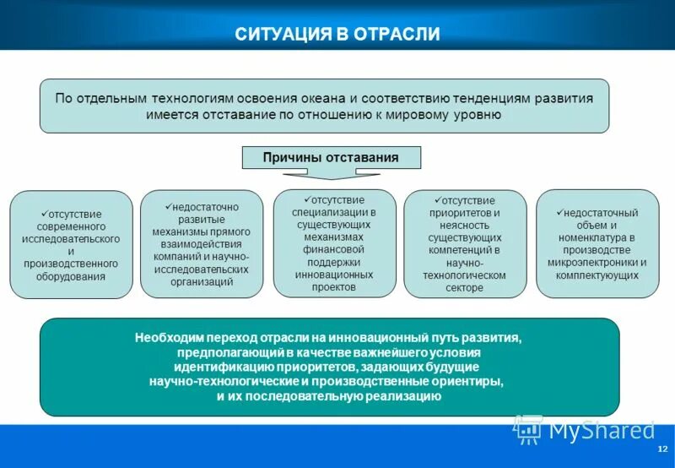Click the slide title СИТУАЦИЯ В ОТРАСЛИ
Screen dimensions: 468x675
click(x=337, y=35)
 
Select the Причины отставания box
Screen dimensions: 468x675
click(x=330, y=157)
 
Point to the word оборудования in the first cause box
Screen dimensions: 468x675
click(x=71, y=276)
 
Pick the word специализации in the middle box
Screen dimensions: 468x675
click(x=333, y=211)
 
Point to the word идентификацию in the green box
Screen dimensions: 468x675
click(x=223, y=367)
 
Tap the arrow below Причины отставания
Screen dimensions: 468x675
click(x=330, y=175)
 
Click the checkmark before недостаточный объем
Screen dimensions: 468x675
click(x=559, y=212)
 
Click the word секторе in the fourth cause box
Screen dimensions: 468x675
click(x=465, y=288)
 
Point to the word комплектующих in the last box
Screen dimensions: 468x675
click(x=597, y=275)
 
